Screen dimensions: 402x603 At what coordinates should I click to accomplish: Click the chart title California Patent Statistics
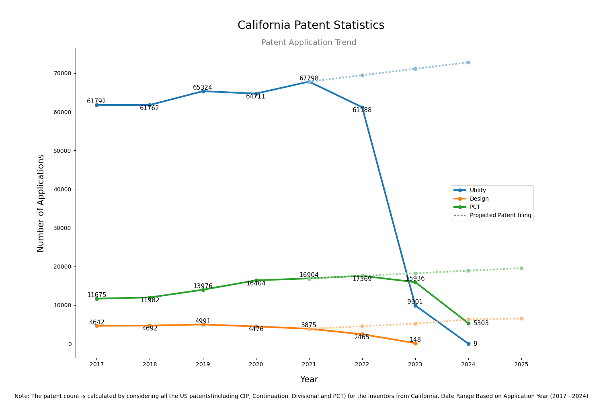point(311,25)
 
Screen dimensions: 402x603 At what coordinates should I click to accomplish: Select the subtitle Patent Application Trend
point(309,43)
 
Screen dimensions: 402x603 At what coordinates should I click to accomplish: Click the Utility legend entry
point(478,191)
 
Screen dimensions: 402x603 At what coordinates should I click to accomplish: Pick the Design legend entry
point(479,199)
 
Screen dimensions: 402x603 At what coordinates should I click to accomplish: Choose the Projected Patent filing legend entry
point(500,215)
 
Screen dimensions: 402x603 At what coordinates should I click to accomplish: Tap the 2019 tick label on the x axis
point(203,365)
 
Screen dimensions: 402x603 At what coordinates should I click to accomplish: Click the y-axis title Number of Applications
point(41,203)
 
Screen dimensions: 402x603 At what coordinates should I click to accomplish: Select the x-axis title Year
point(309,379)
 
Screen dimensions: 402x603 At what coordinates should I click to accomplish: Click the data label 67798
point(309,78)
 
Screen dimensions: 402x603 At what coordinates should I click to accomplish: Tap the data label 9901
point(415,302)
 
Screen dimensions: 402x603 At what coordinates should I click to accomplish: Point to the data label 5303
point(481,323)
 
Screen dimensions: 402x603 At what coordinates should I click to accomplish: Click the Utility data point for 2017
point(96,105)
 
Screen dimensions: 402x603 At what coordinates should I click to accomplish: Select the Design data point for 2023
point(415,343)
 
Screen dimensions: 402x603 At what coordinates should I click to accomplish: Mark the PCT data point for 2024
point(468,323)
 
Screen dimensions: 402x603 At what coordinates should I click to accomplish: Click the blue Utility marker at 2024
point(468,344)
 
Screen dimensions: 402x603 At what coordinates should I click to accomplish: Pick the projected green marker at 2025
point(521,268)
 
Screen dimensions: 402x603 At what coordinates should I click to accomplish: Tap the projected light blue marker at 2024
point(468,62)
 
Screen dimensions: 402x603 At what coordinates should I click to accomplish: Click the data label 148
point(415,340)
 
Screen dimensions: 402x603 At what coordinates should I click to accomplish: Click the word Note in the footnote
point(22,396)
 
